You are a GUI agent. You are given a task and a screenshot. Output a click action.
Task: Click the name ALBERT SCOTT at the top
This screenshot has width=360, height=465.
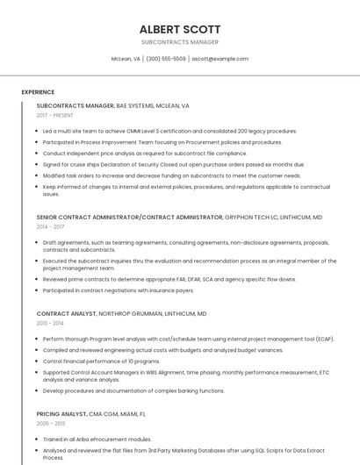pos(180,29)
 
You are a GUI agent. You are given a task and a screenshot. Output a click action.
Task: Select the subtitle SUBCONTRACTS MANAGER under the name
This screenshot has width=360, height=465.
pos(180,42)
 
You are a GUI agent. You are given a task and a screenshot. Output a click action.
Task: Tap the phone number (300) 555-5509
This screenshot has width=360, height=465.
pos(166,59)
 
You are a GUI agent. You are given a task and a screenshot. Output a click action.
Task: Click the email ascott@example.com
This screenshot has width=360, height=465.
pos(220,59)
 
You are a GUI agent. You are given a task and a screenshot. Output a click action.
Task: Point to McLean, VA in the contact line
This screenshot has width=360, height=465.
pos(126,59)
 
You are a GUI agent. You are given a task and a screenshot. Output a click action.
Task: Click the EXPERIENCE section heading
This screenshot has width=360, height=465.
pos(38,92)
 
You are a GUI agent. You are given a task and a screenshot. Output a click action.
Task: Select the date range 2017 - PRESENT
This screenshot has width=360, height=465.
pos(55,115)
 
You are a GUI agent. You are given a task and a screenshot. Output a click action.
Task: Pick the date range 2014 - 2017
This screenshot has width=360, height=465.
pos(50,226)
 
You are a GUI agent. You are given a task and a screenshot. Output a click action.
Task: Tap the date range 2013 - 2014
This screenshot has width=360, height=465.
pos(50,323)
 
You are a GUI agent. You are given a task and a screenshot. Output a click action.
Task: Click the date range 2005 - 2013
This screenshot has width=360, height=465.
pos(51,423)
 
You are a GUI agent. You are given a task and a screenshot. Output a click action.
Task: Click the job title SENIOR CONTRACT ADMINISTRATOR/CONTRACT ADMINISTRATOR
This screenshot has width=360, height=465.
pos(130,217)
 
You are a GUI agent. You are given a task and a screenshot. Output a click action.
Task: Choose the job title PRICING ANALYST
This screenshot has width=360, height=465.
pos(61,413)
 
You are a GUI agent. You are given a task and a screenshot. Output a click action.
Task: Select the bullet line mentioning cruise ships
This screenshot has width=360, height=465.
pos(173,164)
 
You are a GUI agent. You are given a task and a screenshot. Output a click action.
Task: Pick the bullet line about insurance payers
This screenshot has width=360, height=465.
pos(119,290)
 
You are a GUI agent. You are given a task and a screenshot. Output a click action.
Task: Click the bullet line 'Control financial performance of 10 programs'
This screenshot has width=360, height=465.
pos(101,361)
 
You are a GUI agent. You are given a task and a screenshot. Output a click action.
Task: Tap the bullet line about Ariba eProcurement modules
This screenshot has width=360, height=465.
pos(97,439)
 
